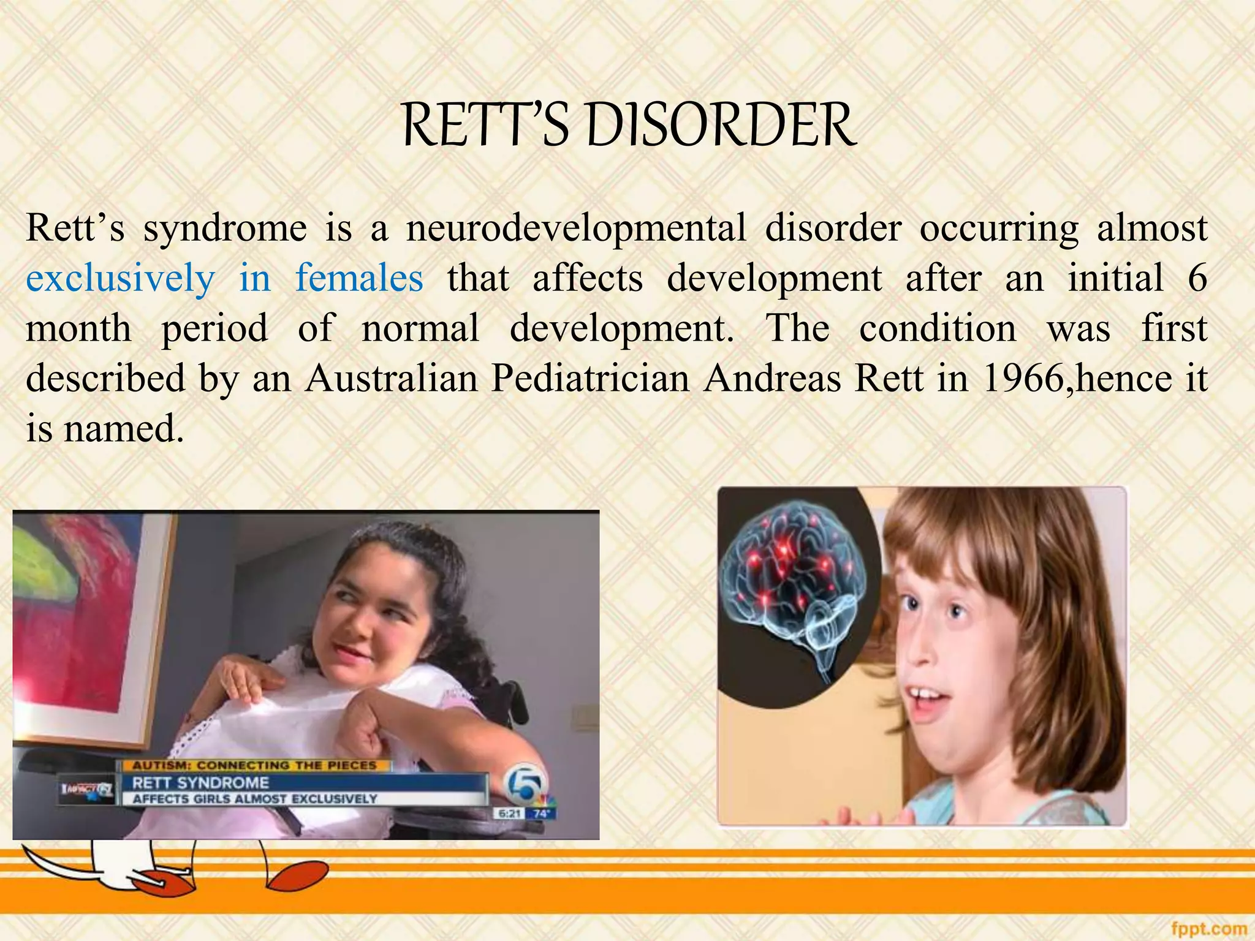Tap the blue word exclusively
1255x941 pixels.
pyautogui.click(x=120, y=278)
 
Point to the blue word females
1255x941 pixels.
pyautogui.click(x=359, y=278)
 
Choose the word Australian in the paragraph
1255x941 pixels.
pyautogui.click(x=392, y=379)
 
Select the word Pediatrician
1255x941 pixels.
pyautogui.click(x=591, y=379)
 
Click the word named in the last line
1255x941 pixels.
pyautogui.click(x=124, y=429)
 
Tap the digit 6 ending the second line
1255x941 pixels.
pyautogui.click(x=1197, y=278)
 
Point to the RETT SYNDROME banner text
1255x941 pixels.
pyautogui.click(x=201, y=782)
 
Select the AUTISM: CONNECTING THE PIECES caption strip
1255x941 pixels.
pyautogui.click(x=254, y=765)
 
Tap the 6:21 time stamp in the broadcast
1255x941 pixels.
pyautogui.click(x=509, y=814)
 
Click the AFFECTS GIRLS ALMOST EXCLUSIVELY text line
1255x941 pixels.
pyautogui.click(x=254, y=799)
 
